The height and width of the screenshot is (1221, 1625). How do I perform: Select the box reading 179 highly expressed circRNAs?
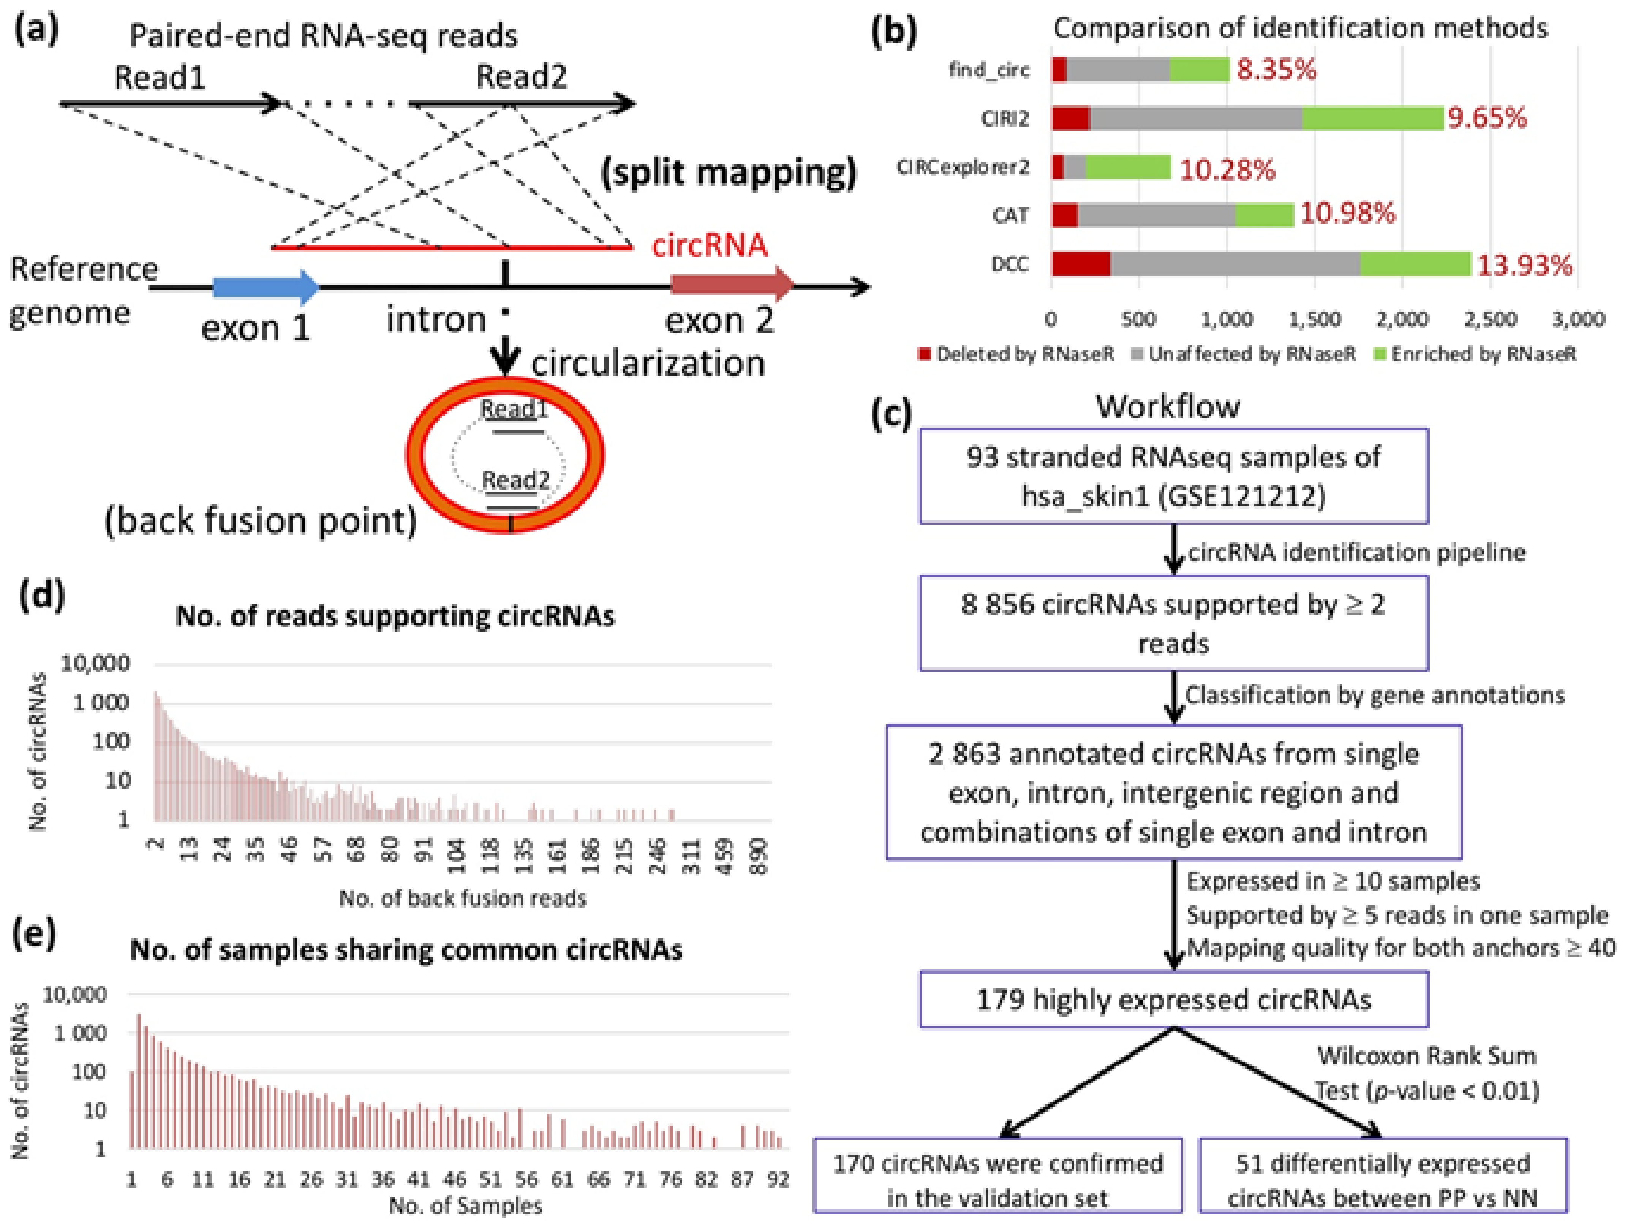tap(1173, 1000)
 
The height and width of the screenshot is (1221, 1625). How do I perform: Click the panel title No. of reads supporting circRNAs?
tap(395, 616)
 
